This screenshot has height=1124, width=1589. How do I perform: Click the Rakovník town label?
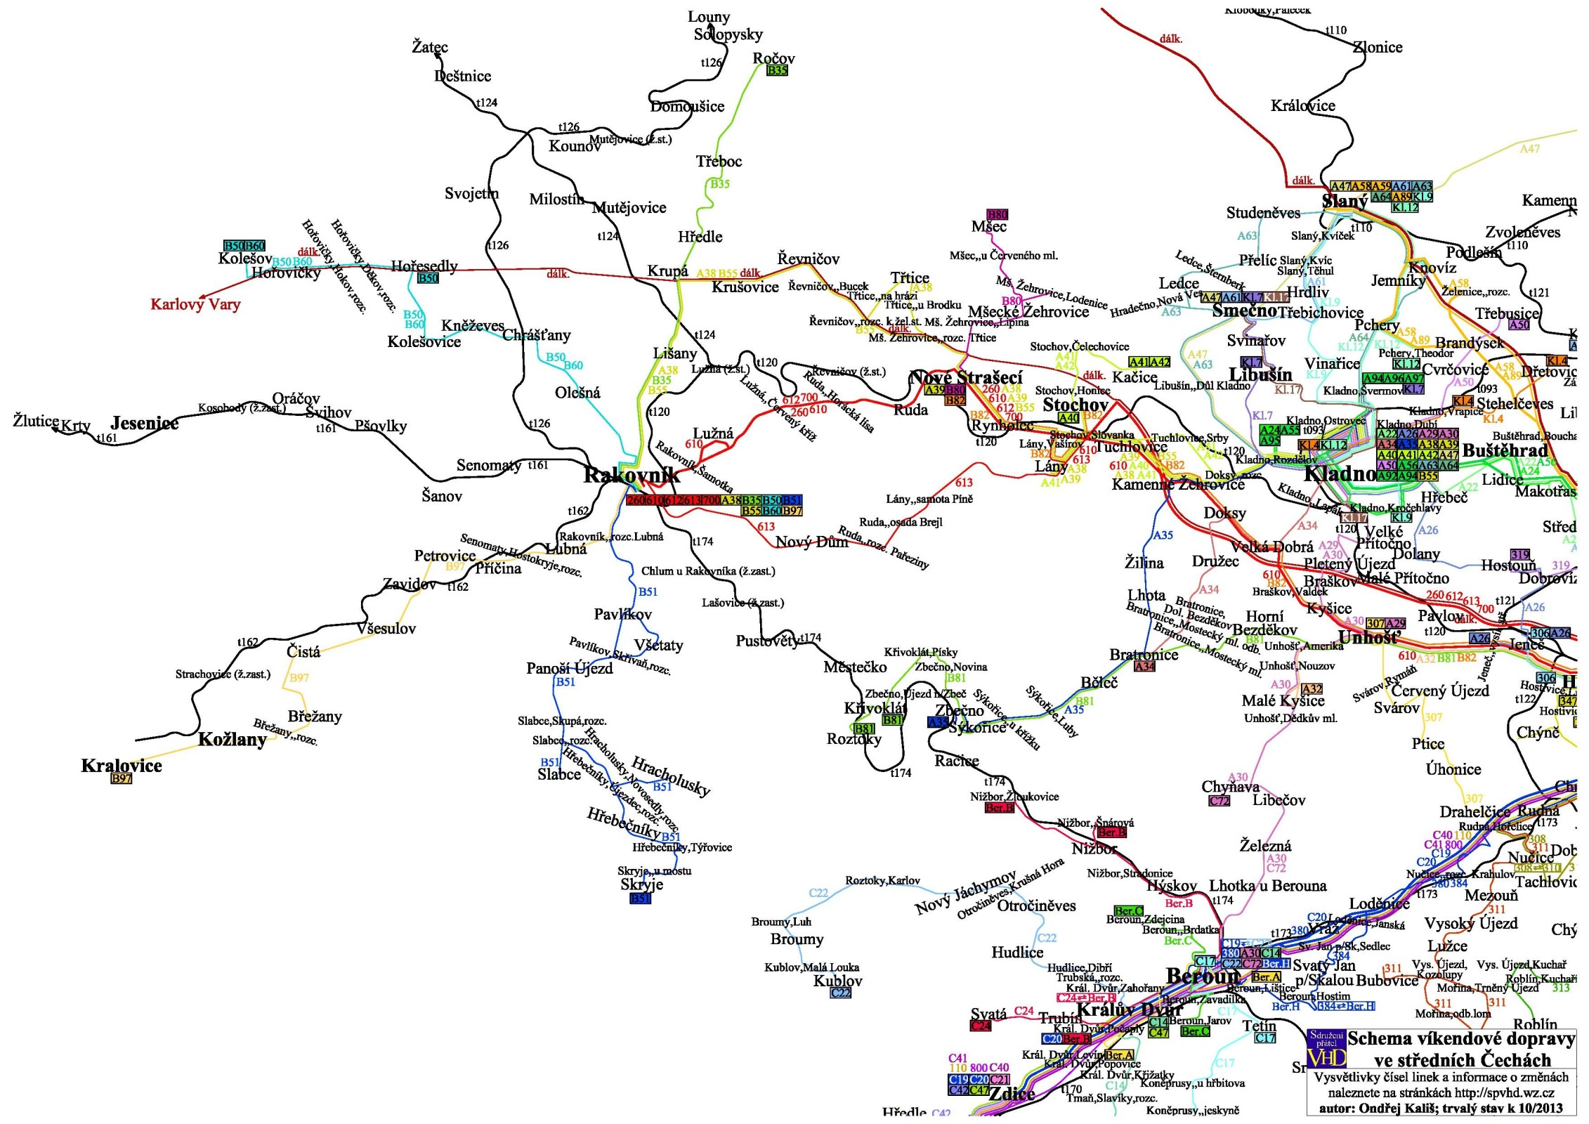point(631,475)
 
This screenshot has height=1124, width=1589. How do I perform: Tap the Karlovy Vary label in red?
point(195,304)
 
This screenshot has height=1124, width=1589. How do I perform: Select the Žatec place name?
point(429,47)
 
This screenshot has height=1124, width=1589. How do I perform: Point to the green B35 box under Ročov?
point(777,70)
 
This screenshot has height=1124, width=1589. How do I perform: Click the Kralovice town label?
point(122,766)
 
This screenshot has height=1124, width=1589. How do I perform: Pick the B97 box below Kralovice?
point(122,779)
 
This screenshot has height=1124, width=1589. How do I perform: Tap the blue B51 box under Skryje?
point(641,898)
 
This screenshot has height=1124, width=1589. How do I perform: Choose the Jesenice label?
point(145,423)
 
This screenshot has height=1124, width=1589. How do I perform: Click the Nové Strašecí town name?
point(966,378)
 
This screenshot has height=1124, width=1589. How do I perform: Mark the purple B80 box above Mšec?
point(998,214)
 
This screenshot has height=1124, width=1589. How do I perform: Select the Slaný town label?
point(1345,202)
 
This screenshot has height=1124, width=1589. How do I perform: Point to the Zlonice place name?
point(1378,47)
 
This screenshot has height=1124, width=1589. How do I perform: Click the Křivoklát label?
point(875,708)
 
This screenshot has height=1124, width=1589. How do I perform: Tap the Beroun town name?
point(1203,976)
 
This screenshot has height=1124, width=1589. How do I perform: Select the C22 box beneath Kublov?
point(841,993)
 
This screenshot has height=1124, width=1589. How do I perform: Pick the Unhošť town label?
point(1369,638)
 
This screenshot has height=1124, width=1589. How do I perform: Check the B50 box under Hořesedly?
point(428,278)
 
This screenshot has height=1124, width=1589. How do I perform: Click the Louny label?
point(709,17)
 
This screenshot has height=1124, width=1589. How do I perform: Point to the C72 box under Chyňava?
point(1219,801)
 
